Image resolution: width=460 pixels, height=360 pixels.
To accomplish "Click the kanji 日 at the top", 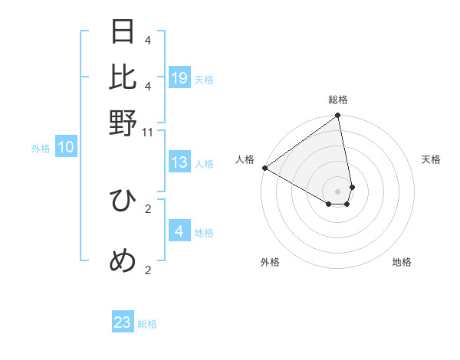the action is coord(123,32).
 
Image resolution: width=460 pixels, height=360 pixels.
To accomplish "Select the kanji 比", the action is coord(123,77).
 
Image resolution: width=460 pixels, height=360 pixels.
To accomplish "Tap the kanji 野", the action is coord(123,123).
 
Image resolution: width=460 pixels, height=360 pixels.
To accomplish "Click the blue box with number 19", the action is coord(179,78).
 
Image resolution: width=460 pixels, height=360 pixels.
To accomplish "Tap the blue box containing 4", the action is coord(179,231).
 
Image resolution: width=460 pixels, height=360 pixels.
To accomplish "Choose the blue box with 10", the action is coord(66,148).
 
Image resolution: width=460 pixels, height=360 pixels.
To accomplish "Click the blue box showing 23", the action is coord(123,322).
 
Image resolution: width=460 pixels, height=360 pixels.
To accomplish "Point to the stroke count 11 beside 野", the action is coord(149,133).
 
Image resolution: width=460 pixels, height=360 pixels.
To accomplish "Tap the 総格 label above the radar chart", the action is coord(338,100).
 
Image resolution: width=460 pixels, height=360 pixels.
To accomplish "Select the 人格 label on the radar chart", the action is coord(245,159).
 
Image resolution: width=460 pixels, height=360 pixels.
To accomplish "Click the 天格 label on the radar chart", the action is coord(431,159).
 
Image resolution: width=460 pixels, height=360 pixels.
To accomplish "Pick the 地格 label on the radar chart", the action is coord(402,262).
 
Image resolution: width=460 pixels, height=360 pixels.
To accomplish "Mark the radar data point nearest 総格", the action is coord(338,116).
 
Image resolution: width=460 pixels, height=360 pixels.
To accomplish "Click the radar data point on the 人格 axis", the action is coord(264,168).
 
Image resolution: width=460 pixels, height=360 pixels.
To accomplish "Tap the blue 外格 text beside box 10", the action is coord(41,149).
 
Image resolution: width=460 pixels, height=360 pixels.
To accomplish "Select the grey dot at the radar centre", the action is coord(338,191).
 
